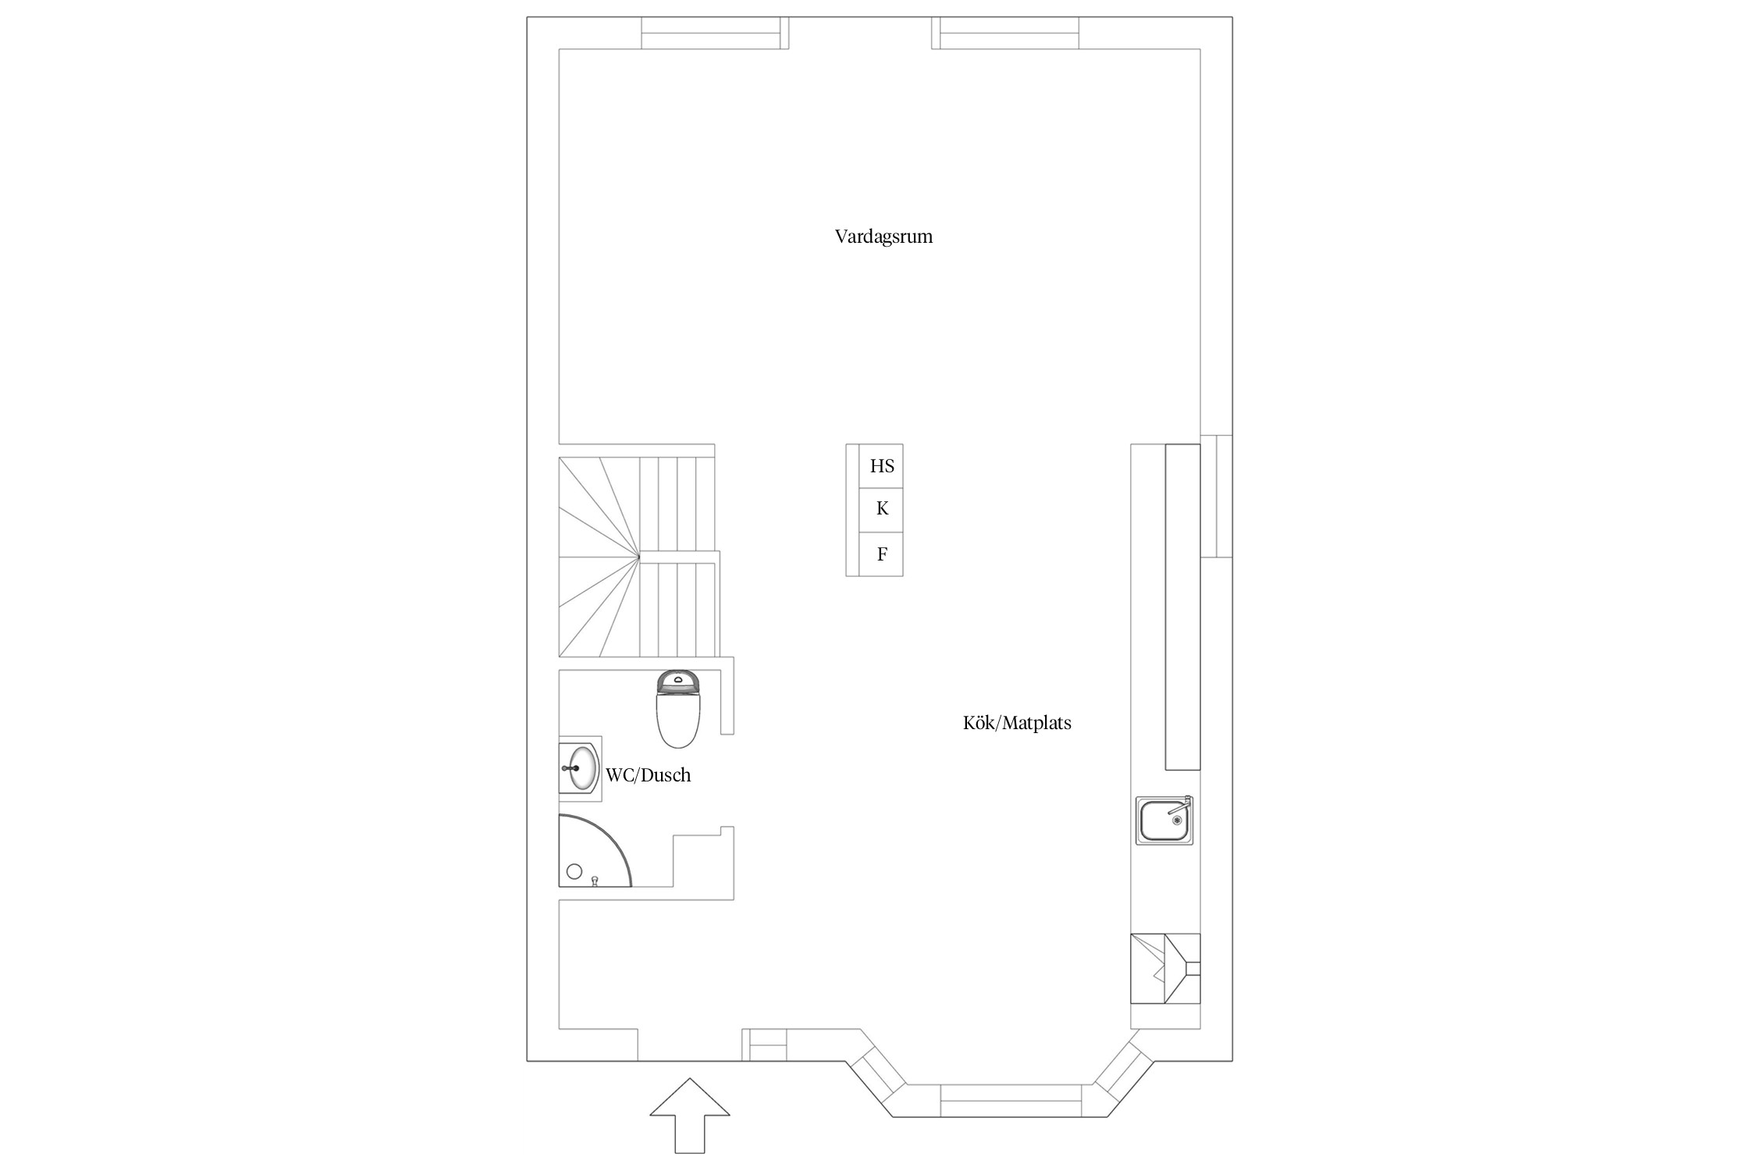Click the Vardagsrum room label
click(x=883, y=237)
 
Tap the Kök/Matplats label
click(x=1017, y=723)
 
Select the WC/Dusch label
click(x=649, y=775)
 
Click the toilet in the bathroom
click(x=679, y=708)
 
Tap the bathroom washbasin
click(x=581, y=769)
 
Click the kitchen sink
click(x=1164, y=820)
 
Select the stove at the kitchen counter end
click(x=1165, y=968)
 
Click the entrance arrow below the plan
click(x=690, y=1116)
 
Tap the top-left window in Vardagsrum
click(x=715, y=33)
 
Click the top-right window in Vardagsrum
click(x=1005, y=33)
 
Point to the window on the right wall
click(x=1216, y=497)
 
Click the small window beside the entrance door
click(x=765, y=1045)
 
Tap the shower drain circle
click(x=575, y=872)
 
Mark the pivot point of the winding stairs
click(x=639, y=556)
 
